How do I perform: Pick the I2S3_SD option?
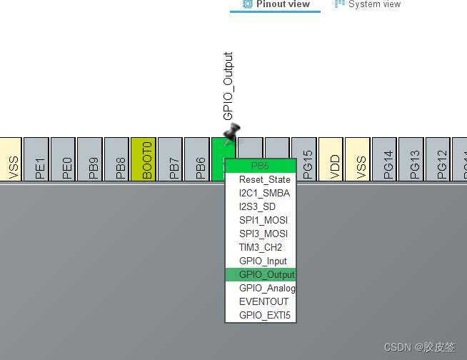[x=257, y=206]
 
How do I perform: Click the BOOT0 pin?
[x=144, y=159]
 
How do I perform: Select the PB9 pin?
[x=90, y=159]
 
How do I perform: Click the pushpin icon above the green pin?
[x=231, y=133]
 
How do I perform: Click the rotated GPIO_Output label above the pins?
[x=229, y=86]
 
